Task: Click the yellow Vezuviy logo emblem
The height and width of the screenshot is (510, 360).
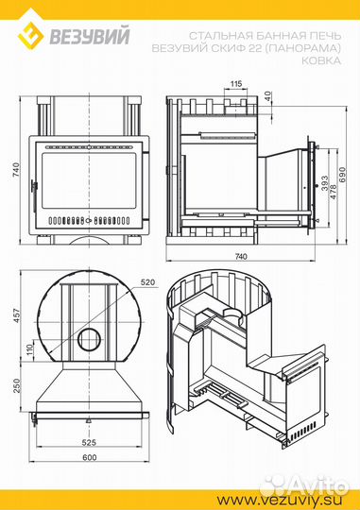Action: [31, 35]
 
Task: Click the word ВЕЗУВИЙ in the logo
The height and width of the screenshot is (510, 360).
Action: [90, 36]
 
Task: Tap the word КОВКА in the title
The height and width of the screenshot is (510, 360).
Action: [321, 60]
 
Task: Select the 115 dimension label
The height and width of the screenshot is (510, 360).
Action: [236, 84]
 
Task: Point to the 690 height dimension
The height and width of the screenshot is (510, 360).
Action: [342, 175]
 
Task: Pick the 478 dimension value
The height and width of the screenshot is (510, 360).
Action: [333, 192]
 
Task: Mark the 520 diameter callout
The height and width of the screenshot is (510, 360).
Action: [147, 282]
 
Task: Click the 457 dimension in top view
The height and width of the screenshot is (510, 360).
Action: [17, 315]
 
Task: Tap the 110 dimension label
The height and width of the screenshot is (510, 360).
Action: [29, 349]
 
